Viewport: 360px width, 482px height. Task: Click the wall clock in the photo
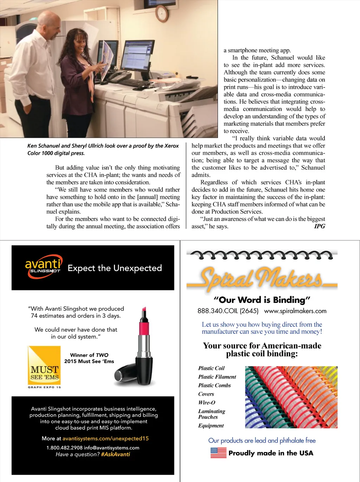point(162,13)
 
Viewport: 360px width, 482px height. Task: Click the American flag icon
point(218,452)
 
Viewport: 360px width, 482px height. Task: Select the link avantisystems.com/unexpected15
point(105,438)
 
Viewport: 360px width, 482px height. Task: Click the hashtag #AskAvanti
point(115,454)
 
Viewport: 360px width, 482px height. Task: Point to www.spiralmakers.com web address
point(295,311)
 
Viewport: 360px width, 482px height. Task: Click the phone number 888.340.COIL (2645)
point(228,311)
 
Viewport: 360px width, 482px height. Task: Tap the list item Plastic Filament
point(217,377)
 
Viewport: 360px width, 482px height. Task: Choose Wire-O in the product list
point(207,403)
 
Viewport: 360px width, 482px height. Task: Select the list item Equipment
point(211,425)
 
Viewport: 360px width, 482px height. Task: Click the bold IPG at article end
point(319,226)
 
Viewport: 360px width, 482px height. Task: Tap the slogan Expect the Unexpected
point(115,268)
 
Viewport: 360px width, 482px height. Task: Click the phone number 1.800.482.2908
point(64,448)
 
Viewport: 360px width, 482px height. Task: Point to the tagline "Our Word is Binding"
point(262,300)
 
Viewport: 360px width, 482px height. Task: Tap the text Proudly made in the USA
point(271,453)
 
